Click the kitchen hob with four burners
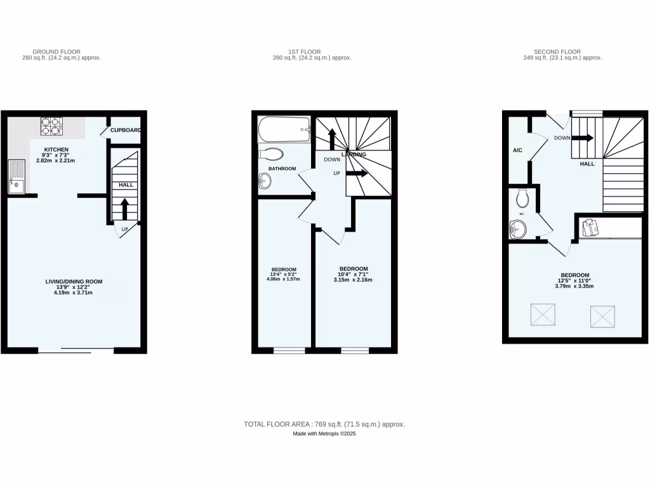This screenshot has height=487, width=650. [x=51, y=126]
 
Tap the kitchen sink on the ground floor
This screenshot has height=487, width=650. [x=16, y=177]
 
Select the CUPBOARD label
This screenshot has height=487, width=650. [x=125, y=131]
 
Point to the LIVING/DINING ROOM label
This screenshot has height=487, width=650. [x=74, y=282]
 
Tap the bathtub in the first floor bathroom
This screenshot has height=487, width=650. [x=284, y=129]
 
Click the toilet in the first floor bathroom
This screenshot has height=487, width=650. [x=272, y=154]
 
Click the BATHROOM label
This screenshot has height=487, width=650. [x=282, y=169]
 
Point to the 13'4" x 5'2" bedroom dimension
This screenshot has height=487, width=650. [x=284, y=274]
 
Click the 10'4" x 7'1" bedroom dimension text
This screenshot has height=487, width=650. [x=353, y=274]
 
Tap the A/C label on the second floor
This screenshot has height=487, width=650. [x=517, y=150]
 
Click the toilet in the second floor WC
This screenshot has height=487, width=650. [x=523, y=199]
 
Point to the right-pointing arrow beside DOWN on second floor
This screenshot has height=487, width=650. [x=584, y=138]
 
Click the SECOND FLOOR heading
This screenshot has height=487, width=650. [x=557, y=52]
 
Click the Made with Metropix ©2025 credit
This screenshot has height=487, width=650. [x=324, y=434]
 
